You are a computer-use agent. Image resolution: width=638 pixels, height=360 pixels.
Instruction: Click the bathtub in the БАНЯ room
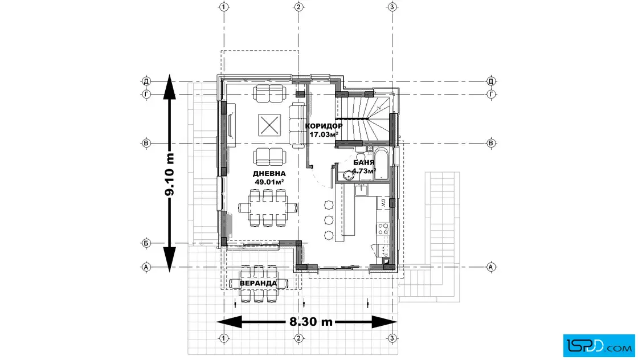tap(381, 165)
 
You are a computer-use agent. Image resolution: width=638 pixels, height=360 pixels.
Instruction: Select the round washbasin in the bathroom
tap(348, 175)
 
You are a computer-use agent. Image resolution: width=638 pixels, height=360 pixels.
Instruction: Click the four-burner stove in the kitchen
tap(383, 228)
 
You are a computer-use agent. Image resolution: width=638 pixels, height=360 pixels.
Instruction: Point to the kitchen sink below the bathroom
tap(361, 190)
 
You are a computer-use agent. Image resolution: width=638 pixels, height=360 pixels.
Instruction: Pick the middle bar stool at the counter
tap(329, 220)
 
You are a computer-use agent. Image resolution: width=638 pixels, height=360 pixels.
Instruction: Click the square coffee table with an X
tap(269, 125)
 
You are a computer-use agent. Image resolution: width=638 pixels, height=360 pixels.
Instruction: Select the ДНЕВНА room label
tap(269, 174)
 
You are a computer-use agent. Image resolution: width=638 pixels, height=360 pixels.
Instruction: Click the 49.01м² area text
tap(269, 182)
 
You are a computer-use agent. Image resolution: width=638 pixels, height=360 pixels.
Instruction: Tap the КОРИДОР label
tap(324, 126)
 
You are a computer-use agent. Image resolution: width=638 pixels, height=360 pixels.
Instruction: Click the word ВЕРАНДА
tap(258, 283)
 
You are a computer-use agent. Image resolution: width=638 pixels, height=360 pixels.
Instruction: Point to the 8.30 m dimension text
tap(311, 322)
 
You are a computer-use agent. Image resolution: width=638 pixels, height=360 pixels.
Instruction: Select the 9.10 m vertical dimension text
tap(170, 174)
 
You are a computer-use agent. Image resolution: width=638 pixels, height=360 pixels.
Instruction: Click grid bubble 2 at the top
tap(298, 7)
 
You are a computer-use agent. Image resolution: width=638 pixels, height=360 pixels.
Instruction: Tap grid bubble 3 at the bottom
tap(392, 338)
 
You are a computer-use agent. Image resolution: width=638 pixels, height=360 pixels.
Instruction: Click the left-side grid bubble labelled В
tap(146, 143)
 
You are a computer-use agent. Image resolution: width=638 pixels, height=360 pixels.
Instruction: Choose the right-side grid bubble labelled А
tap(490, 267)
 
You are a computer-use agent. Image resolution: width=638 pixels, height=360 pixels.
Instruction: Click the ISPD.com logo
tap(599, 346)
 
